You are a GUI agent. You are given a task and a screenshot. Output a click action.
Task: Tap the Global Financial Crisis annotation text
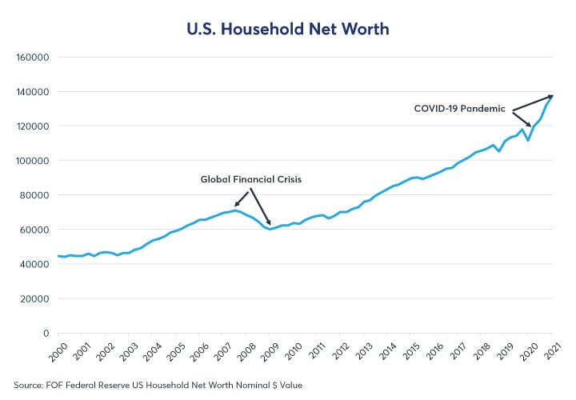(250, 180)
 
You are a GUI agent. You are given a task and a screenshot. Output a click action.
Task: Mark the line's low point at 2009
(270, 229)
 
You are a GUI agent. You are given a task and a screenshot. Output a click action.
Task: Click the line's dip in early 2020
(528, 141)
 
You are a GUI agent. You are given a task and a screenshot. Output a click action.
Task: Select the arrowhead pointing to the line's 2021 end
(550, 97)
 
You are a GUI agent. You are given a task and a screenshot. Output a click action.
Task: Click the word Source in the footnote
(29, 385)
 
